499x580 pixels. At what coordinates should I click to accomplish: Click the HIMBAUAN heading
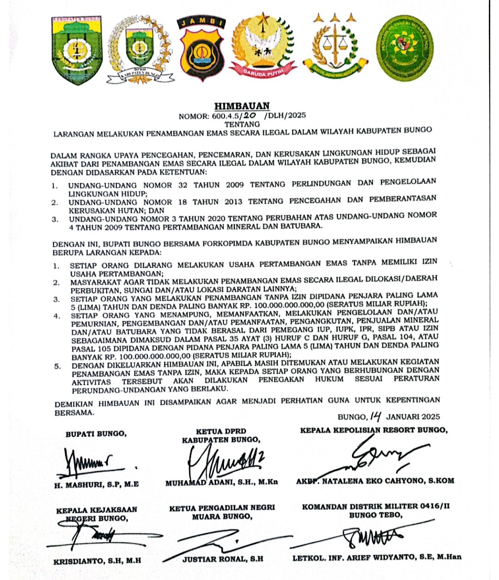242,106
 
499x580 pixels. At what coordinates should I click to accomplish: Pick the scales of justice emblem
335,46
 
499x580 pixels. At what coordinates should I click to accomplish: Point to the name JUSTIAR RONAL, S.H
223,559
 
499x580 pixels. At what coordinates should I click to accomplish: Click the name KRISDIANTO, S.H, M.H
97,561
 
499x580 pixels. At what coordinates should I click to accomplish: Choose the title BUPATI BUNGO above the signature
96,434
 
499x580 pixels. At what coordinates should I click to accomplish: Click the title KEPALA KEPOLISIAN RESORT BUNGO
373,430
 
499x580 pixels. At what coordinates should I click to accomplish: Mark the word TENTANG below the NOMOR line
242,124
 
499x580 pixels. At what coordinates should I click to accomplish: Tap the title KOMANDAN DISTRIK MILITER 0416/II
376,507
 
